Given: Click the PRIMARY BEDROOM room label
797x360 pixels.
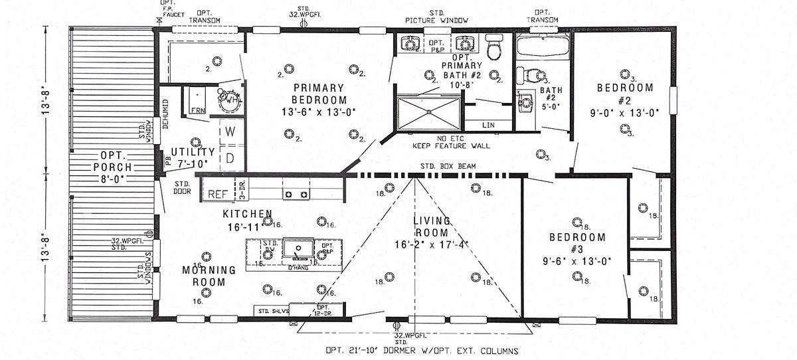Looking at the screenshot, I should point(319,94).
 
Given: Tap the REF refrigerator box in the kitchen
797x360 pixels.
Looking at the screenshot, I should point(217,194).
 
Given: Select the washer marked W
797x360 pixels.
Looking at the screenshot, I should point(230,132).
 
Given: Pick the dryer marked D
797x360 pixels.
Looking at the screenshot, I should point(230,158).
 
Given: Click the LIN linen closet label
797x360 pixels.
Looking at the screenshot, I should point(488,124).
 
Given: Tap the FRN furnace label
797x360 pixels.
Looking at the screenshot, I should point(198,110).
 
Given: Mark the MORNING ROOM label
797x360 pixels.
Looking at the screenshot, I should point(209,276).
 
